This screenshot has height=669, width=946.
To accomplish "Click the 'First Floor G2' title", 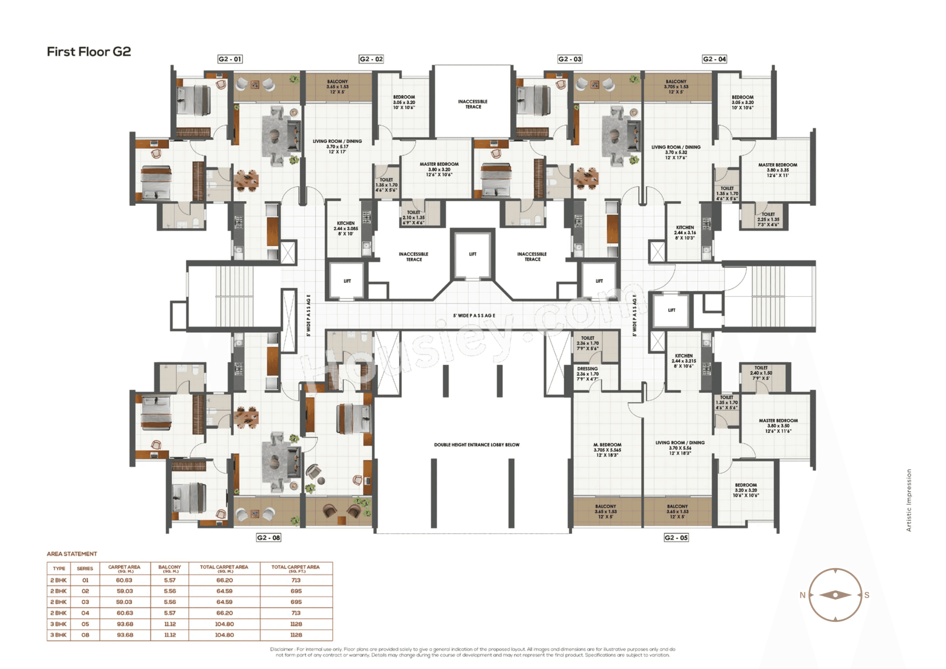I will (89, 52).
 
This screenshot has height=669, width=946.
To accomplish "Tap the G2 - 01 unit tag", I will (230, 59).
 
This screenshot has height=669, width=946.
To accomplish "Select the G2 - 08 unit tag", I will (269, 537).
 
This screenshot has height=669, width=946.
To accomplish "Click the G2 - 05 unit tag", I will (676, 537).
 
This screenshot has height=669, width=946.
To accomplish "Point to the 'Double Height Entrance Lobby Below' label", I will (477, 445).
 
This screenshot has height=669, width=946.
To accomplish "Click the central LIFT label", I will (473, 254).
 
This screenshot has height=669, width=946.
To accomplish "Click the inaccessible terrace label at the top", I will (473, 104).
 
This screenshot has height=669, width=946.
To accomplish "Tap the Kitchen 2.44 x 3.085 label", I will (346, 228).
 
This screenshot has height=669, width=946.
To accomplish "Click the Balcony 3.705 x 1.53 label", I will (676, 87).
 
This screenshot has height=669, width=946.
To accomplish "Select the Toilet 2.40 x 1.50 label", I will (761, 373).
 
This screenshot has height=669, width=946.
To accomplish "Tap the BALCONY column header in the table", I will (169, 568).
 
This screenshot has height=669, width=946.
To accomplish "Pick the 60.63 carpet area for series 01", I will (124, 580).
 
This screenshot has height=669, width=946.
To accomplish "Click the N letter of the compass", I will (802, 595).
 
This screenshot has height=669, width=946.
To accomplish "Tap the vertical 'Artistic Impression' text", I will (909, 500).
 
